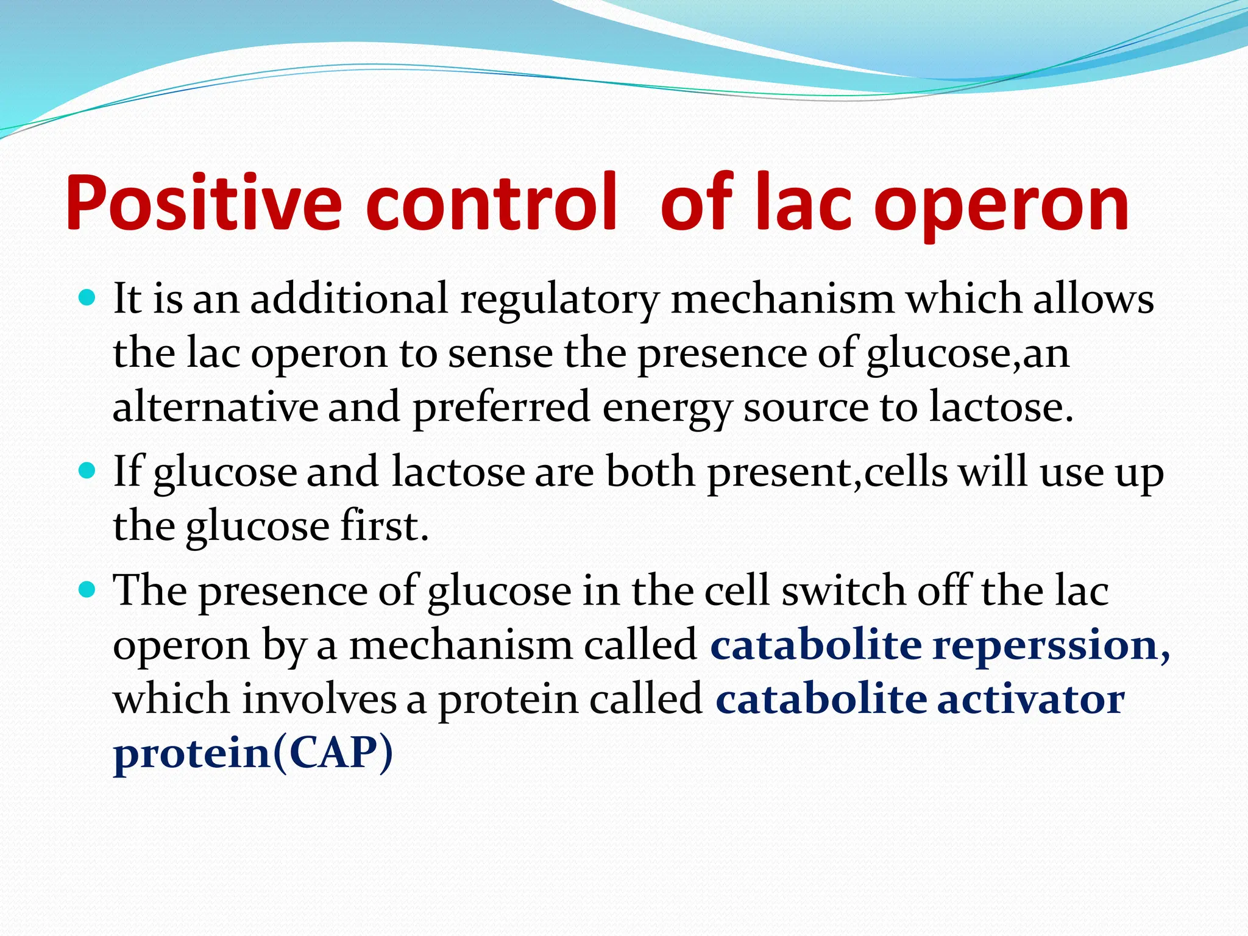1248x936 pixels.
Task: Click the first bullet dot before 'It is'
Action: (x=88, y=299)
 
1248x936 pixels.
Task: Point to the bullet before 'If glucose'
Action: (x=88, y=471)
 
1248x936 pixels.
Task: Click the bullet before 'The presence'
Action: (x=88, y=590)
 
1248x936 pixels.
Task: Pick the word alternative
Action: (x=215, y=407)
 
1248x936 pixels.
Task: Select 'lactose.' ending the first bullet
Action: (x=1001, y=407)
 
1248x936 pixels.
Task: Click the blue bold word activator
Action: (x=1030, y=699)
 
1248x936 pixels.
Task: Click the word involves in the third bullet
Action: (x=319, y=699)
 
